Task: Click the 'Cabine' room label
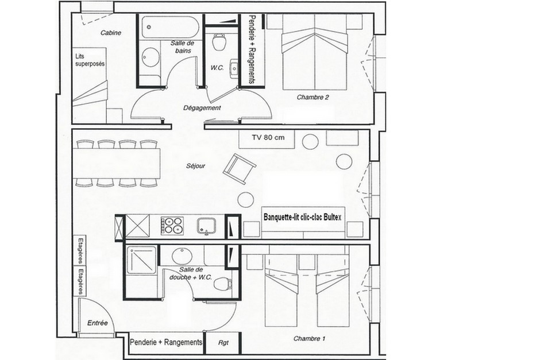(110, 33)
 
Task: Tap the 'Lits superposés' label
(90, 60)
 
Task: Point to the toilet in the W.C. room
(218, 42)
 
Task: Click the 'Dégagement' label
(202, 108)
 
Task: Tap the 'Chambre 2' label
(313, 98)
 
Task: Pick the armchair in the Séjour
(238, 168)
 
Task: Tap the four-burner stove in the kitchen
(172, 225)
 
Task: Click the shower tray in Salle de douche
(140, 261)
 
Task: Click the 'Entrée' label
(98, 323)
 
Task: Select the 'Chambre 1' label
(306, 338)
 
